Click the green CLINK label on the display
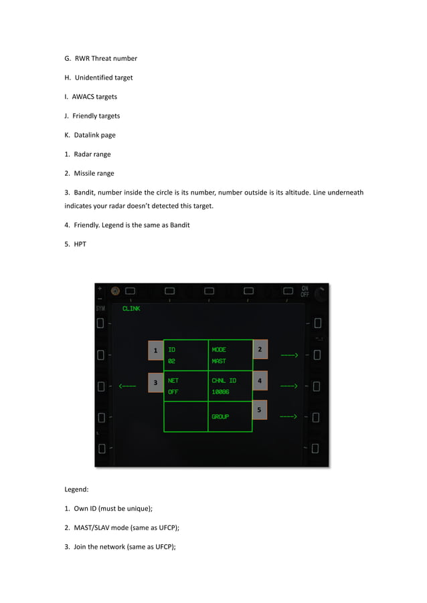click(131, 309)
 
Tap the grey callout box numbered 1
click(155, 350)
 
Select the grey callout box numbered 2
click(260, 349)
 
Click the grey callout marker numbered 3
click(155, 382)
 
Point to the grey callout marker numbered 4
click(260, 380)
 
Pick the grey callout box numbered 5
click(260, 409)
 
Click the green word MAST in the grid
click(219, 361)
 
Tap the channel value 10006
click(220, 392)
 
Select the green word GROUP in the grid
click(220, 416)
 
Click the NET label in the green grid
click(173, 380)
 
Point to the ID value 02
click(171, 361)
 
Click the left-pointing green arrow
click(127, 386)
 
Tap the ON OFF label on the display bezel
click(305, 291)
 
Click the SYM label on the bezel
click(100, 309)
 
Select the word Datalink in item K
click(86, 135)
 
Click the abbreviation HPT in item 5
click(80, 244)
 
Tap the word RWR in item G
click(82, 59)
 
